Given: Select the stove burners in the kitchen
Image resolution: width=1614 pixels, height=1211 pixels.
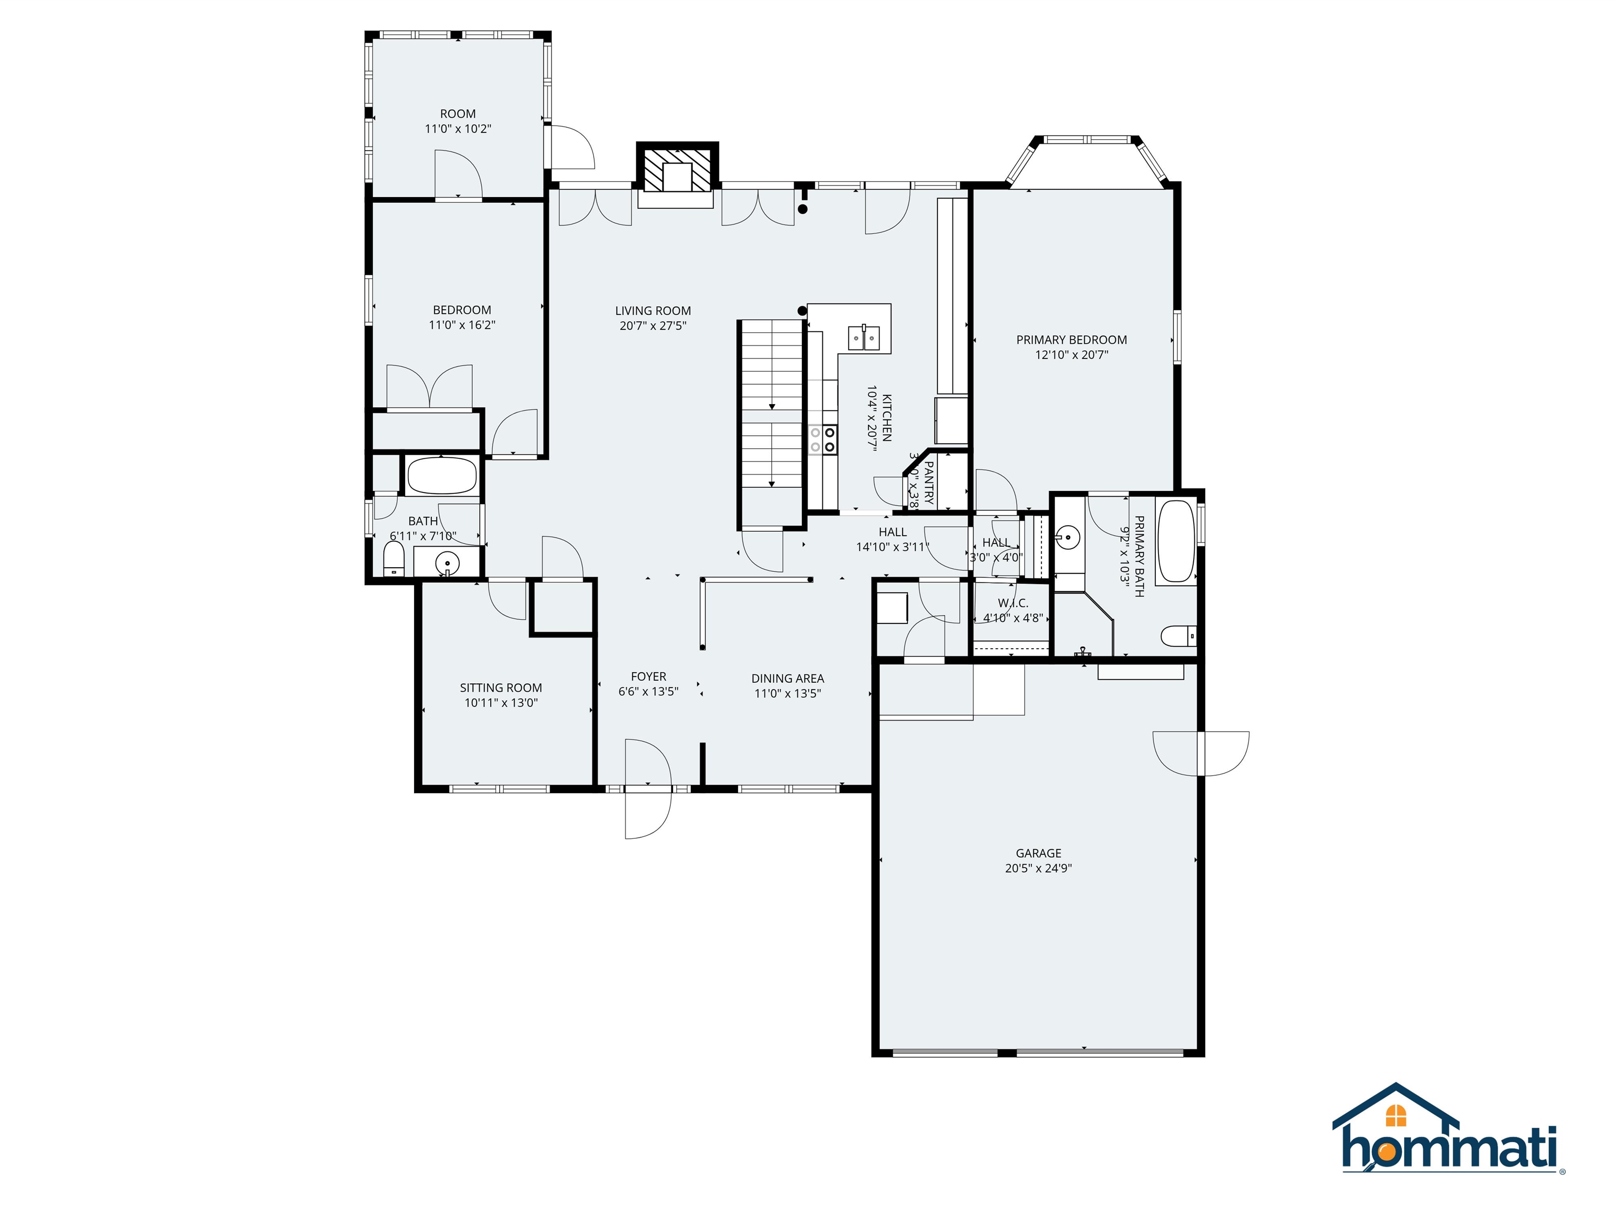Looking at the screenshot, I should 822,439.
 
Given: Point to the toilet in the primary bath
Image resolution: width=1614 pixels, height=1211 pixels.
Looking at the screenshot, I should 1177,637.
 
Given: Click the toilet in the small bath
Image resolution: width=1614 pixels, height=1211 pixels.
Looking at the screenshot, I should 394,559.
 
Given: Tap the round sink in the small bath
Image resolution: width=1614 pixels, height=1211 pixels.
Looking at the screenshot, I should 447,563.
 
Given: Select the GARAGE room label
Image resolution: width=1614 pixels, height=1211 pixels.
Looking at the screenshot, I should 1038,853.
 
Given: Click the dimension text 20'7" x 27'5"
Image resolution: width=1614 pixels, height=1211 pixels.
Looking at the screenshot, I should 653,325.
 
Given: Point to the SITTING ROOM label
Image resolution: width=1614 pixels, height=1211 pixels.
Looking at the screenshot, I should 501,687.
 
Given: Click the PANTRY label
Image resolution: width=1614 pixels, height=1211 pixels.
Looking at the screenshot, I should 929,483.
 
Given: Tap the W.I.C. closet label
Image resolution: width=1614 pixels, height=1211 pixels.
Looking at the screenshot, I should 1013,603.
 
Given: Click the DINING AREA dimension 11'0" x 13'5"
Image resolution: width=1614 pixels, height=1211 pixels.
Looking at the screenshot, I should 788,693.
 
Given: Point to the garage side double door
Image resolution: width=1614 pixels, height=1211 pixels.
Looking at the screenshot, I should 1201,753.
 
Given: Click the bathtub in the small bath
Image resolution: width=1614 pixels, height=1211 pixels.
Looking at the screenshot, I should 441,477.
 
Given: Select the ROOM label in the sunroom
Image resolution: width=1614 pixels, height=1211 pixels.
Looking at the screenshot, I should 458,114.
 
